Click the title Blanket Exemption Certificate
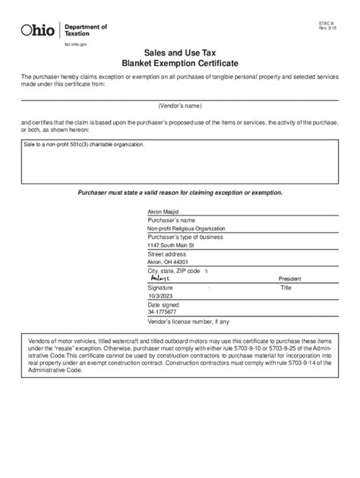[x=180, y=66]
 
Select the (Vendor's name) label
[x=180, y=105]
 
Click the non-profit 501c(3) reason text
[x=84, y=143]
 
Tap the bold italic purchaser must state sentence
[x=180, y=193]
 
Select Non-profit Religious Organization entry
[x=182, y=228]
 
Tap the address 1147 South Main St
[x=171, y=245]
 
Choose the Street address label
[x=166, y=253]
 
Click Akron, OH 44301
[x=168, y=262]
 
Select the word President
[x=290, y=279]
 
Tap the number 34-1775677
[x=162, y=312]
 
